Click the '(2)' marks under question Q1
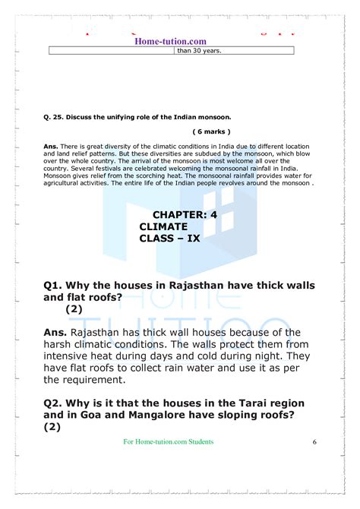[74, 309]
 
